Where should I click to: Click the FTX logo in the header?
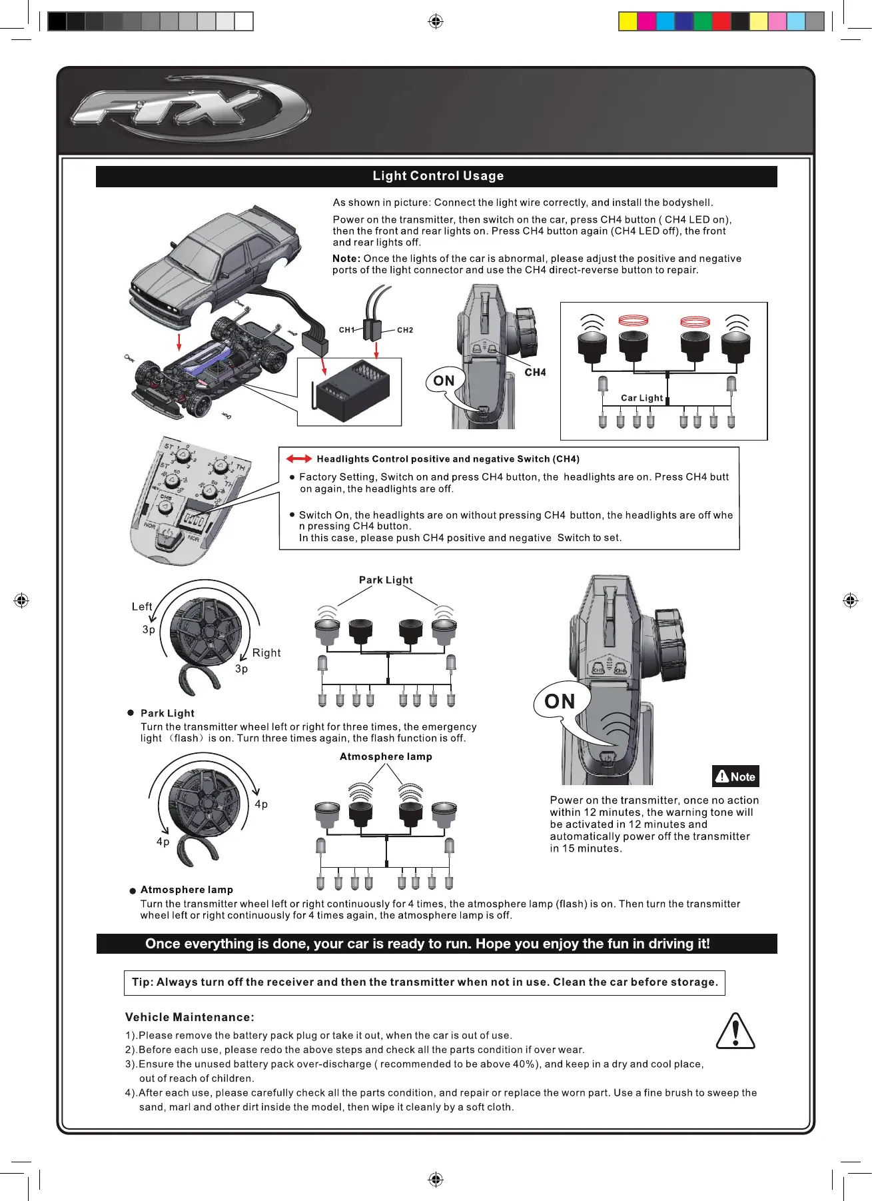point(190,109)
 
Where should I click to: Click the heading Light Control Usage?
point(438,176)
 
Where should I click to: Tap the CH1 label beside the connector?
point(347,330)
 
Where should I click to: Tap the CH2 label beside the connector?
point(405,330)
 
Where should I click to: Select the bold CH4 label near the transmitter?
point(535,373)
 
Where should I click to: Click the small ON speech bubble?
point(444,381)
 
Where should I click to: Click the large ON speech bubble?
point(560,701)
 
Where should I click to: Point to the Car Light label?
point(642,398)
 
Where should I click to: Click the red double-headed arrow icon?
point(298,459)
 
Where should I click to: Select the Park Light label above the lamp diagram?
point(386,580)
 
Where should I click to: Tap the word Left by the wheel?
point(142,606)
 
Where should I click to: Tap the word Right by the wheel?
point(266,653)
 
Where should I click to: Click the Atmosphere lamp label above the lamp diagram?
point(386,756)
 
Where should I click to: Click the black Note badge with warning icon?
point(735,776)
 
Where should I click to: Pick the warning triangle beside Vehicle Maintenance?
point(735,1032)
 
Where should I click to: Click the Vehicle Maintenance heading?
point(190,1017)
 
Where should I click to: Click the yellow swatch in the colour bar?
point(628,22)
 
